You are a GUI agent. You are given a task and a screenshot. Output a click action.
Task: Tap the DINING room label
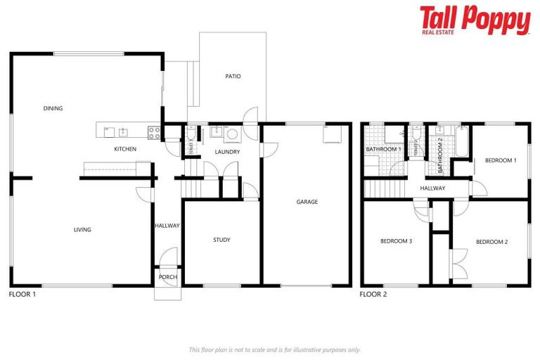click(53, 108)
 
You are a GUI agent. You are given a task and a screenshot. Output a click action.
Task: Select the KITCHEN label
click(125, 149)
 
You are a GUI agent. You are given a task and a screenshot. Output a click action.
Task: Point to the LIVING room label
click(82, 229)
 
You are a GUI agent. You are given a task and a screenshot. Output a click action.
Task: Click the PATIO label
click(233, 76)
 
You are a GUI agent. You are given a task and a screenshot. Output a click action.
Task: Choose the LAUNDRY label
click(228, 152)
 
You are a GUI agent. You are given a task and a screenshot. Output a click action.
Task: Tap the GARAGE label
click(307, 202)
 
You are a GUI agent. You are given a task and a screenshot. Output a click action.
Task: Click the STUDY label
click(221, 240)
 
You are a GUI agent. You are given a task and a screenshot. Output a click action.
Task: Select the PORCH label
click(168, 277)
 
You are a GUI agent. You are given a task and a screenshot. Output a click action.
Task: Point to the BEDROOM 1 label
click(501, 160)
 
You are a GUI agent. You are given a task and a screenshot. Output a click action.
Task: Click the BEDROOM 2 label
click(491, 242)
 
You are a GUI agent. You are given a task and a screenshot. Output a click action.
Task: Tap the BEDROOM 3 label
click(396, 241)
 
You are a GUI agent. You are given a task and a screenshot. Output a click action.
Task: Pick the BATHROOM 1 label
click(383, 149)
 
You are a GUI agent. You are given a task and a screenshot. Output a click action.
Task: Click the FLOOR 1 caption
click(22, 294)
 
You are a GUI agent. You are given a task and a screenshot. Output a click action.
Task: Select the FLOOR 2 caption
click(373, 294)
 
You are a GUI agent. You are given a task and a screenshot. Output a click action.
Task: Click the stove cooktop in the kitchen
click(154, 131)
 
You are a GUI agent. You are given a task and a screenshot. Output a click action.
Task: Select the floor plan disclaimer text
click(274, 349)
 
